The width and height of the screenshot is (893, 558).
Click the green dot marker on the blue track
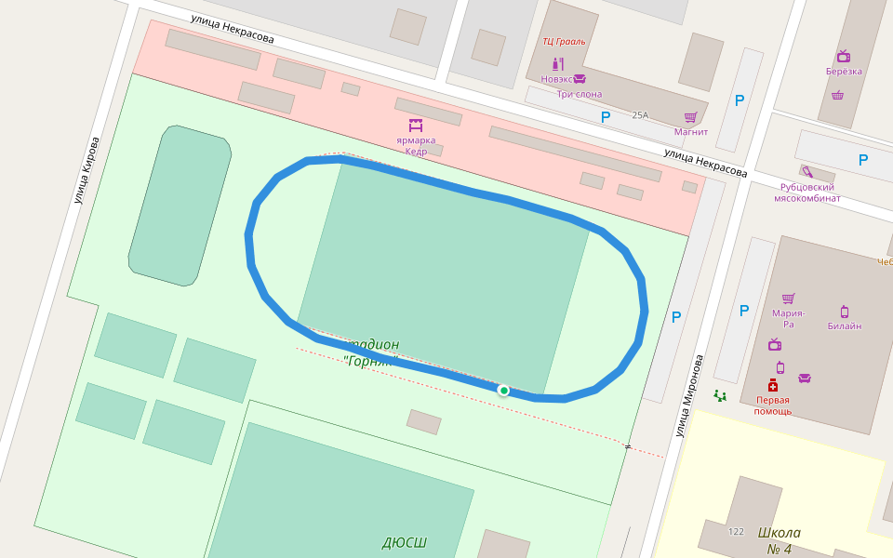[x=503, y=391]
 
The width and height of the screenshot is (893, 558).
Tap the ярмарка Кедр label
[x=415, y=146]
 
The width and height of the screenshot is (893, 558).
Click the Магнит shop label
[x=691, y=131]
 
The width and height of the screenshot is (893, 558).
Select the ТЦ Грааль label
[x=565, y=41]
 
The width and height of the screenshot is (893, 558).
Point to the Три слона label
[x=580, y=94]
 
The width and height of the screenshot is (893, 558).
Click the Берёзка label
[x=844, y=71]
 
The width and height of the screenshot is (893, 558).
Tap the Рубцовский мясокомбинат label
[x=807, y=193]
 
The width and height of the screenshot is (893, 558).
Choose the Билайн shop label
[x=845, y=325]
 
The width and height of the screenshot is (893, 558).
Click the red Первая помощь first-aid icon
[x=773, y=385]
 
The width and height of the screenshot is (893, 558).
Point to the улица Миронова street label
[x=690, y=394]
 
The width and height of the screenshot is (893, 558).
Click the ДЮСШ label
[x=405, y=542]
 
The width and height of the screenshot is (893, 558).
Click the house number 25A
[x=640, y=115]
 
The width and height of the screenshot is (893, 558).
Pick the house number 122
[x=736, y=532]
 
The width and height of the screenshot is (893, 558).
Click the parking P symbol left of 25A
[x=606, y=117]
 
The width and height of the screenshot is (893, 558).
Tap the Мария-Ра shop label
[x=788, y=318]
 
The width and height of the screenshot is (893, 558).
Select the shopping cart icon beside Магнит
[x=691, y=117]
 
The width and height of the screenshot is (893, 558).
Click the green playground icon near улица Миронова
[x=720, y=395]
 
